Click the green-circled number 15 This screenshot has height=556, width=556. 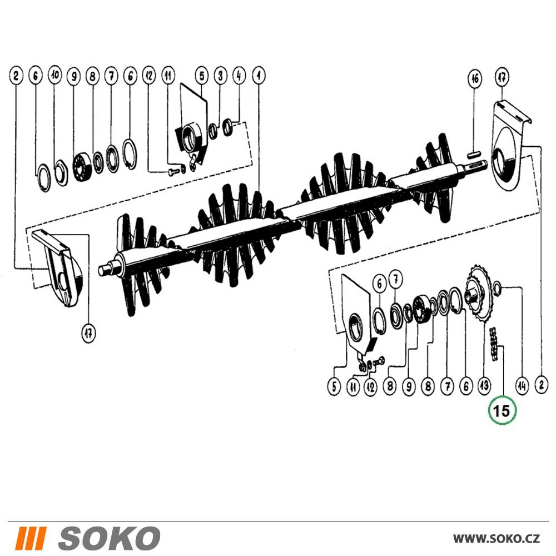tap(502, 411)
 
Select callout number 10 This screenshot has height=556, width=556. tap(54, 75)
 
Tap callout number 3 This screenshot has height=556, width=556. tap(221, 76)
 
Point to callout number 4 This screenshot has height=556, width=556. tap(239, 76)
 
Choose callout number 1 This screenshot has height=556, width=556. tap(259, 75)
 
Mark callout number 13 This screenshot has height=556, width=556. tap(484, 385)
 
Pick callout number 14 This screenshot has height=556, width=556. tap(522, 385)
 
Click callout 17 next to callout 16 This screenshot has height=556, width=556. tap(502, 77)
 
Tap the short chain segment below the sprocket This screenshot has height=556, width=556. tap(493, 345)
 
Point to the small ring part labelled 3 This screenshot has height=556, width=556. tap(212, 131)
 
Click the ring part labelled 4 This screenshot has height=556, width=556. tap(227, 128)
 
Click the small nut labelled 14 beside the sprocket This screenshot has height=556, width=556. tap(497, 285)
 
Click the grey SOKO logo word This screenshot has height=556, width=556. tap(109, 538)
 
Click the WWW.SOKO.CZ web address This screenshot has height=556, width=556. tap(497, 538)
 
